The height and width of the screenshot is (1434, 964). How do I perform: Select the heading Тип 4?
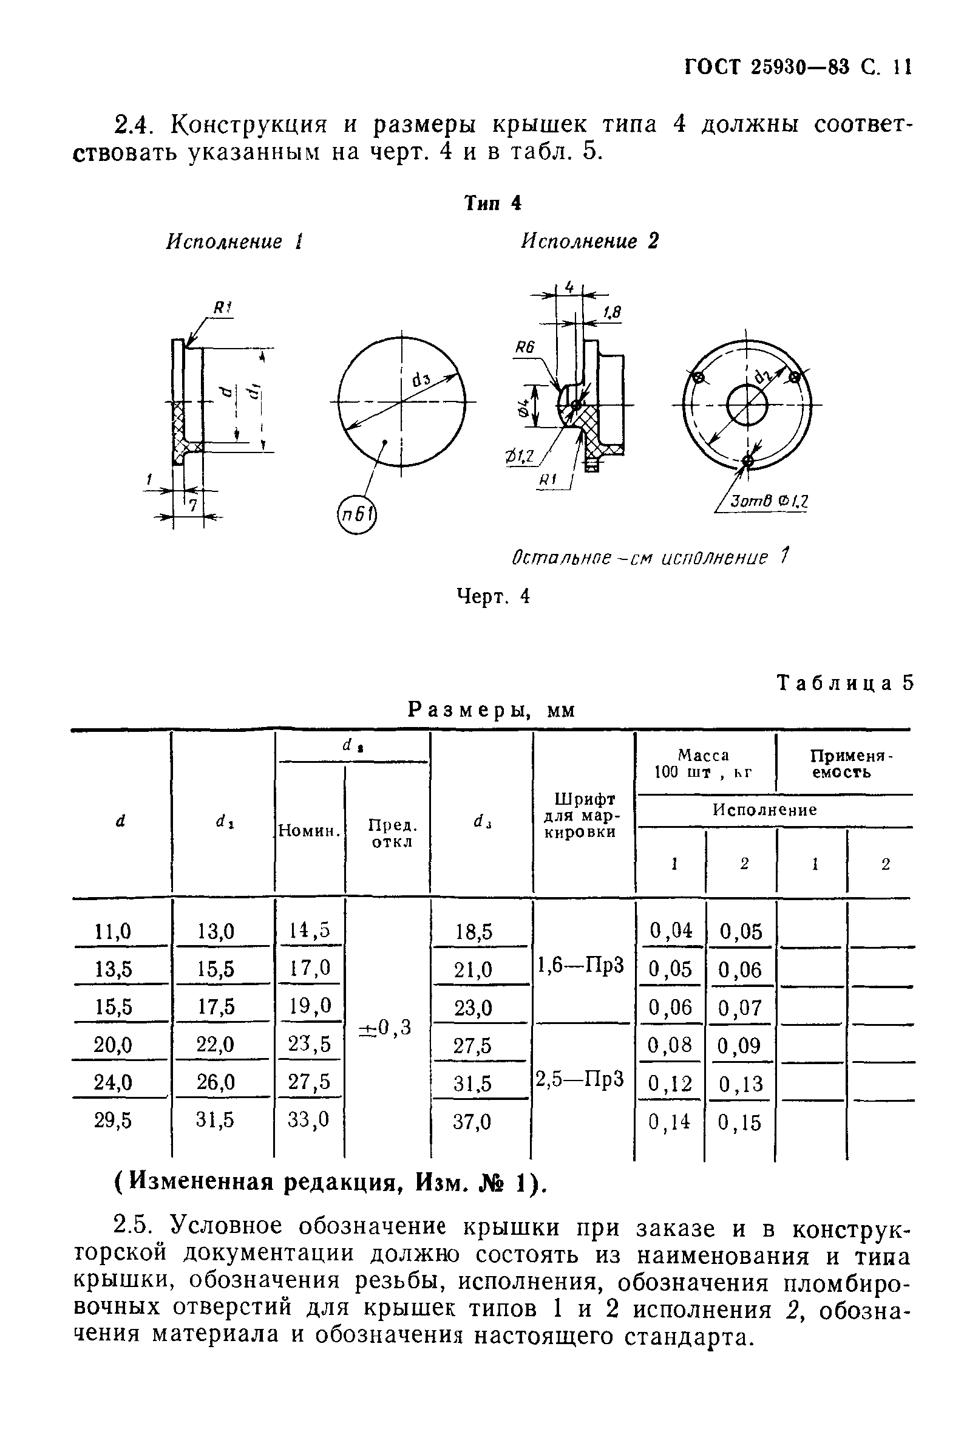coord(492,203)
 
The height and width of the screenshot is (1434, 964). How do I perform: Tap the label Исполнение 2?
coord(589,241)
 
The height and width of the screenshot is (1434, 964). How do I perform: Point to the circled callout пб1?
coord(356,514)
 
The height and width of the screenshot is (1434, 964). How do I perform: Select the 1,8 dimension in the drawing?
coord(612,313)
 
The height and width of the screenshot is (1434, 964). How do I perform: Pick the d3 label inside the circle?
coord(421,380)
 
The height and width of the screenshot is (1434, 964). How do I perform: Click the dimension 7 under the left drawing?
coord(192,505)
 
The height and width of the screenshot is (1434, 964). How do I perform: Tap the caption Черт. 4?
coord(492,596)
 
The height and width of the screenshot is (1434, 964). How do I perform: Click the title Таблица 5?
coord(846,683)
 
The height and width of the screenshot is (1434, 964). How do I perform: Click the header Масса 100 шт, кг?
coord(704,763)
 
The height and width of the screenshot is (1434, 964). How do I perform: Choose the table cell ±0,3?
coord(385,1027)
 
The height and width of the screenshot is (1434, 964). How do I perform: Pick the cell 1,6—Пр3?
coord(581,966)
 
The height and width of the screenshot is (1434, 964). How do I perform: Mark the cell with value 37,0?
coord(472,1122)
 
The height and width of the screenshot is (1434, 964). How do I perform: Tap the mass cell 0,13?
coord(740,1084)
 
